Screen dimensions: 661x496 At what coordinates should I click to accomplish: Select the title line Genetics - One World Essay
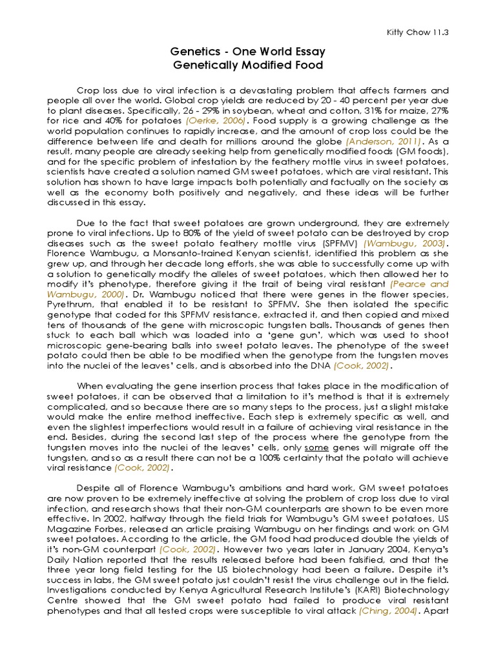coord(247,52)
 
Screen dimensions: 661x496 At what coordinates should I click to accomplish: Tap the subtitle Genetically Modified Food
coord(247,66)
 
